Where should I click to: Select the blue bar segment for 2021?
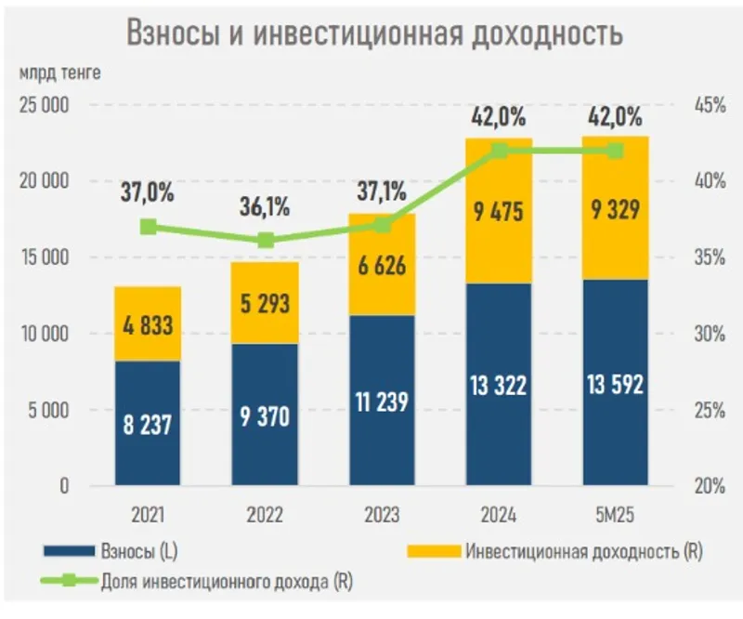click(x=148, y=423)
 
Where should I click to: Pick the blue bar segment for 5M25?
click(x=615, y=381)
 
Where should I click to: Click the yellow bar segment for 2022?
click(x=265, y=303)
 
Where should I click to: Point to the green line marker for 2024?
click(x=499, y=151)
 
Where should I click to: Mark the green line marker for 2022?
click(x=266, y=240)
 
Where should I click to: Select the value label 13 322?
click(x=499, y=383)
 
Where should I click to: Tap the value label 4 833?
click(x=148, y=325)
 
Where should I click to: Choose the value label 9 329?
click(x=615, y=213)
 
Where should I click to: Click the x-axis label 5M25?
click(x=615, y=514)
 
